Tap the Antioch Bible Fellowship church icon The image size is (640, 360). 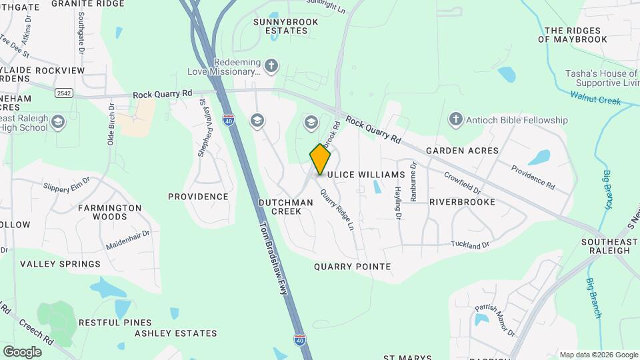pos(455,119)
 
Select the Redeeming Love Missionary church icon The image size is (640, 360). pos(271,65)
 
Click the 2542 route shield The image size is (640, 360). pos(64,93)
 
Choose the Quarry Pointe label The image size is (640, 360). pos(352,267)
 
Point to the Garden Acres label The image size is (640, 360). pos(462,151)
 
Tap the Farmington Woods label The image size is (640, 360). pos(109,212)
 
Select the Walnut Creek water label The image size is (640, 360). pos(595,97)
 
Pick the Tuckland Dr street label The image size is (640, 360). pos(470,245)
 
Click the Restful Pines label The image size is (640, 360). pos(115,323)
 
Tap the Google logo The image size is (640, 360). pos(22,351)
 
